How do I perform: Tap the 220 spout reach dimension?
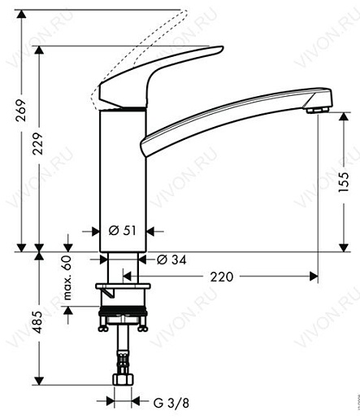220,277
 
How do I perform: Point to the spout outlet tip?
319,106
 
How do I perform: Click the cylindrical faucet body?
122,179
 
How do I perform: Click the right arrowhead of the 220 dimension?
312,277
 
